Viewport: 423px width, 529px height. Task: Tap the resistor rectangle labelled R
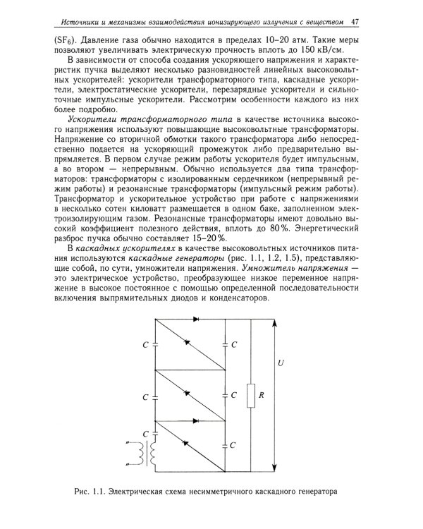pos(250,396)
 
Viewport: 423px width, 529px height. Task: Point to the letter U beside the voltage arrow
pos(281,363)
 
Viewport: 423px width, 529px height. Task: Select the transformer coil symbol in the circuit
pos(149,454)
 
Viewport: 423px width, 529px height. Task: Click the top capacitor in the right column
pos(225,345)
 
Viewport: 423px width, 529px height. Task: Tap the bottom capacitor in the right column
pos(225,445)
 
